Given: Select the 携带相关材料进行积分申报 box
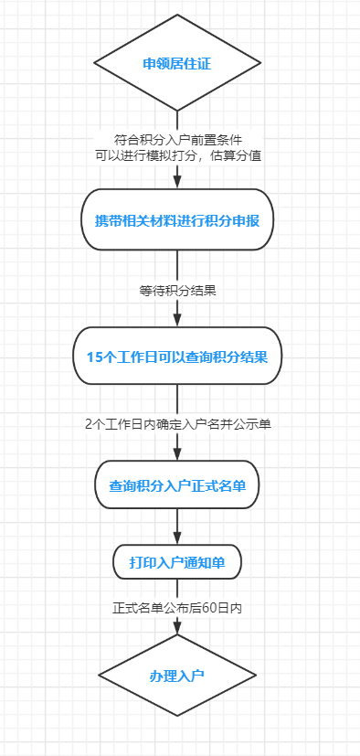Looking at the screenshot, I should (177, 220).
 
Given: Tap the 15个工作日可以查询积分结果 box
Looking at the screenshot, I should (177, 357).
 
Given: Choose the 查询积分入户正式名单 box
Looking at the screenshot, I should (177, 484).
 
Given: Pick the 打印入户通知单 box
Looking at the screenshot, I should (177, 561).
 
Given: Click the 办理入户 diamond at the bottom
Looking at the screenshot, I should (177, 676).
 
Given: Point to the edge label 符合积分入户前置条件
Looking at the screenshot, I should (177, 140).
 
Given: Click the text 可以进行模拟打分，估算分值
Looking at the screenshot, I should (177, 155).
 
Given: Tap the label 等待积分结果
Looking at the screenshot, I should (177, 292).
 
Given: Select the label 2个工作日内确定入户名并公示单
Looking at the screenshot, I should (177, 424).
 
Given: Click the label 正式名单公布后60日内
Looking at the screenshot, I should (177, 607).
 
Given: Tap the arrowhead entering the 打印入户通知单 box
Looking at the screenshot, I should (177, 538).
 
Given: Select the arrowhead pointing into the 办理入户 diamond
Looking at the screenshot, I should (177, 634).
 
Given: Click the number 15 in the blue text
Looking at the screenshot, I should (94, 357).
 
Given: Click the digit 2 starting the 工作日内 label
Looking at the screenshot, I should (88, 424).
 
